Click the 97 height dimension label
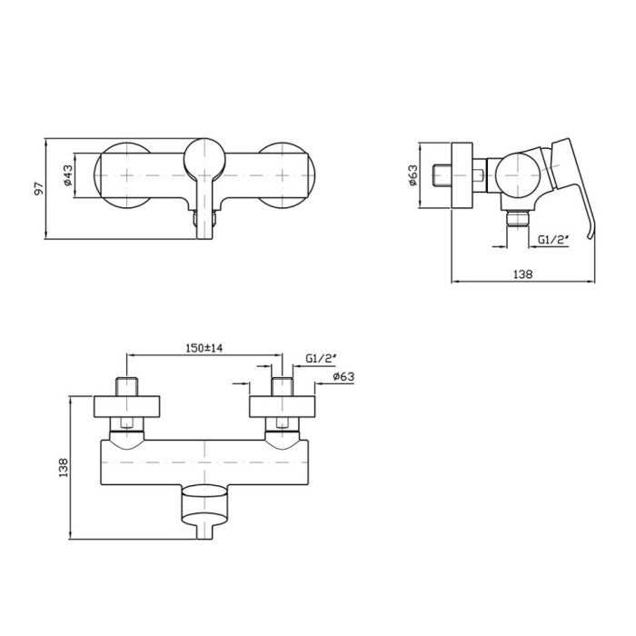[39, 189]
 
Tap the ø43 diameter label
[67, 175]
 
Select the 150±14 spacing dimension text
[204, 348]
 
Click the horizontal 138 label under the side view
[522, 274]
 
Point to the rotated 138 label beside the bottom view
[64, 467]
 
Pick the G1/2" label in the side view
[552, 240]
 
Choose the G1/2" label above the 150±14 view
[321, 359]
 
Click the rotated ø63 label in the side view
[412, 175]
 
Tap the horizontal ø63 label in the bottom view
[343, 377]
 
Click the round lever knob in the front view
[204, 159]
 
